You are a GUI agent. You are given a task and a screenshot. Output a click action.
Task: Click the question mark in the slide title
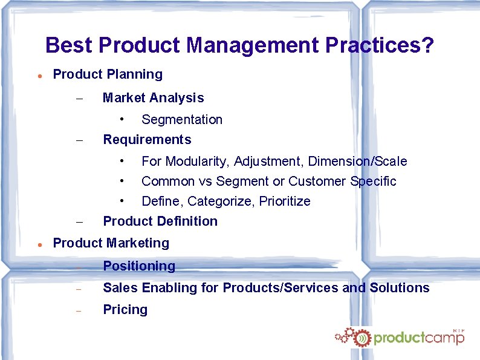pyautogui.click(x=427, y=45)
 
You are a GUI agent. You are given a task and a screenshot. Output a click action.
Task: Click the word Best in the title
pyautogui.click(x=69, y=45)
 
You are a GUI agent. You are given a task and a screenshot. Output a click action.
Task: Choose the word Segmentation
pyautogui.click(x=182, y=120)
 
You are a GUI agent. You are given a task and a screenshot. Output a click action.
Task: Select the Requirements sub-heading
pyautogui.click(x=147, y=140)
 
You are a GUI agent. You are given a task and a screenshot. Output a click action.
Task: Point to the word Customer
pyautogui.click(x=325, y=182)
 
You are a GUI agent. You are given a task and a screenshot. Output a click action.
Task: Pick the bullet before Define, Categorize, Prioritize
pyautogui.click(x=122, y=200)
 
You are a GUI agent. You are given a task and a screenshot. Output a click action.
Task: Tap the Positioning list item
pyautogui.click(x=139, y=266)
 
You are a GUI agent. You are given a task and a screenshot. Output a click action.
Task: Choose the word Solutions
pyautogui.click(x=398, y=288)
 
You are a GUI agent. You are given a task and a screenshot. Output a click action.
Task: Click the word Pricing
pyautogui.click(x=125, y=310)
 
